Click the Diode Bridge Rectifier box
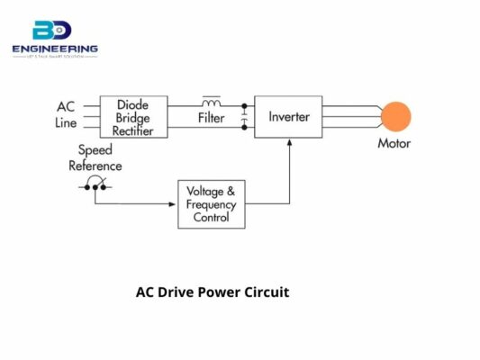(x=133, y=117)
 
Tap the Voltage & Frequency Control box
(x=211, y=204)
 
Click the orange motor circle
(x=394, y=117)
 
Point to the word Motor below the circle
(x=394, y=142)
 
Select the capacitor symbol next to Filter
(x=243, y=117)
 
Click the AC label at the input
(x=67, y=106)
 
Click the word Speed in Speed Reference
(x=95, y=150)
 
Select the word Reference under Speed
(x=95, y=166)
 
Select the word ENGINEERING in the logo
(x=55, y=49)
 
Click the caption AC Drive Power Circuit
(x=213, y=292)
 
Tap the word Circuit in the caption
(x=267, y=292)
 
